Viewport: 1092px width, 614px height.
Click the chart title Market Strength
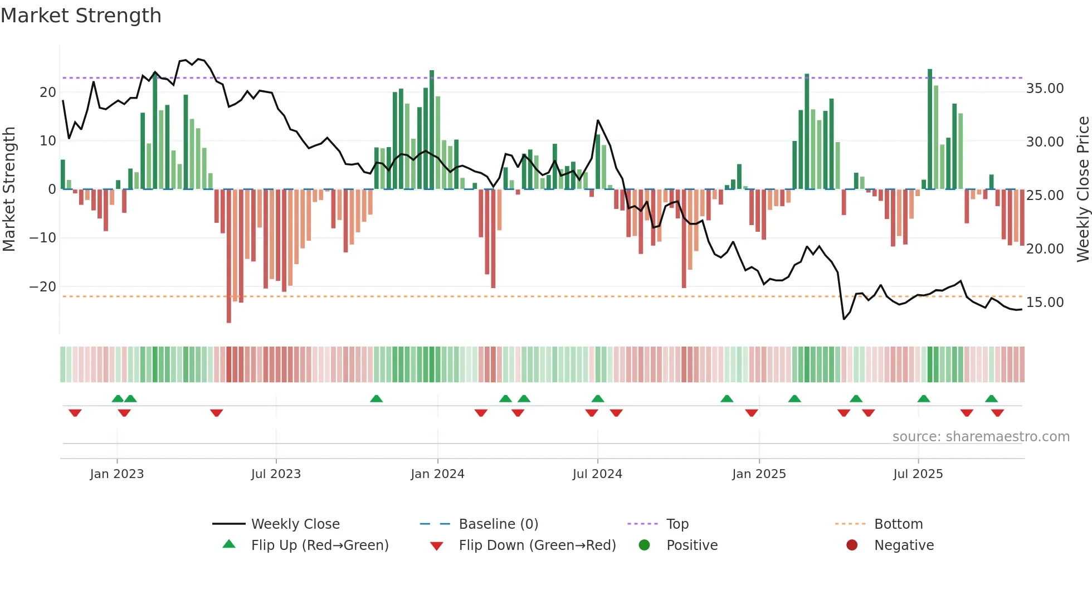[81, 16]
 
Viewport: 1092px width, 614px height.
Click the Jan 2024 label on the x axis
[437, 474]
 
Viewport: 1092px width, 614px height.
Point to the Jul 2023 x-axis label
[276, 474]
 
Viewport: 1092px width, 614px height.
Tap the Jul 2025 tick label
[918, 474]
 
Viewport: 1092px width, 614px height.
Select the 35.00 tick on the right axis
[1045, 89]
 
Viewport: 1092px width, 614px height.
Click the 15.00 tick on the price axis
[1045, 303]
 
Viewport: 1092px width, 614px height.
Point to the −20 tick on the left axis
[42, 287]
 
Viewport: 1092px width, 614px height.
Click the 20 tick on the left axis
[47, 92]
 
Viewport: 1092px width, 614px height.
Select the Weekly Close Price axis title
[1083, 189]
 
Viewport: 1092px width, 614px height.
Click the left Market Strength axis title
[9, 189]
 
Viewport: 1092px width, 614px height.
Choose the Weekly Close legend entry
[295, 524]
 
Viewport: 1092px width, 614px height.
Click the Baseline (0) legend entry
[498, 524]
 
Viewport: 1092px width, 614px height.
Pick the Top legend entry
[677, 524]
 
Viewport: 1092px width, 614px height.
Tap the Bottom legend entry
[898, 524]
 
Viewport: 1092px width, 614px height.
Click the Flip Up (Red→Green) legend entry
[319, 545]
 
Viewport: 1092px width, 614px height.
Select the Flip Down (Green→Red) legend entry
[537, 545]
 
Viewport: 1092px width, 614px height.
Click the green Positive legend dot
[644, 545]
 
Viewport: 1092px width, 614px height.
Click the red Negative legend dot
[852, 545]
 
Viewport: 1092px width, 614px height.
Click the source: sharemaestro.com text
[981, 437]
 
